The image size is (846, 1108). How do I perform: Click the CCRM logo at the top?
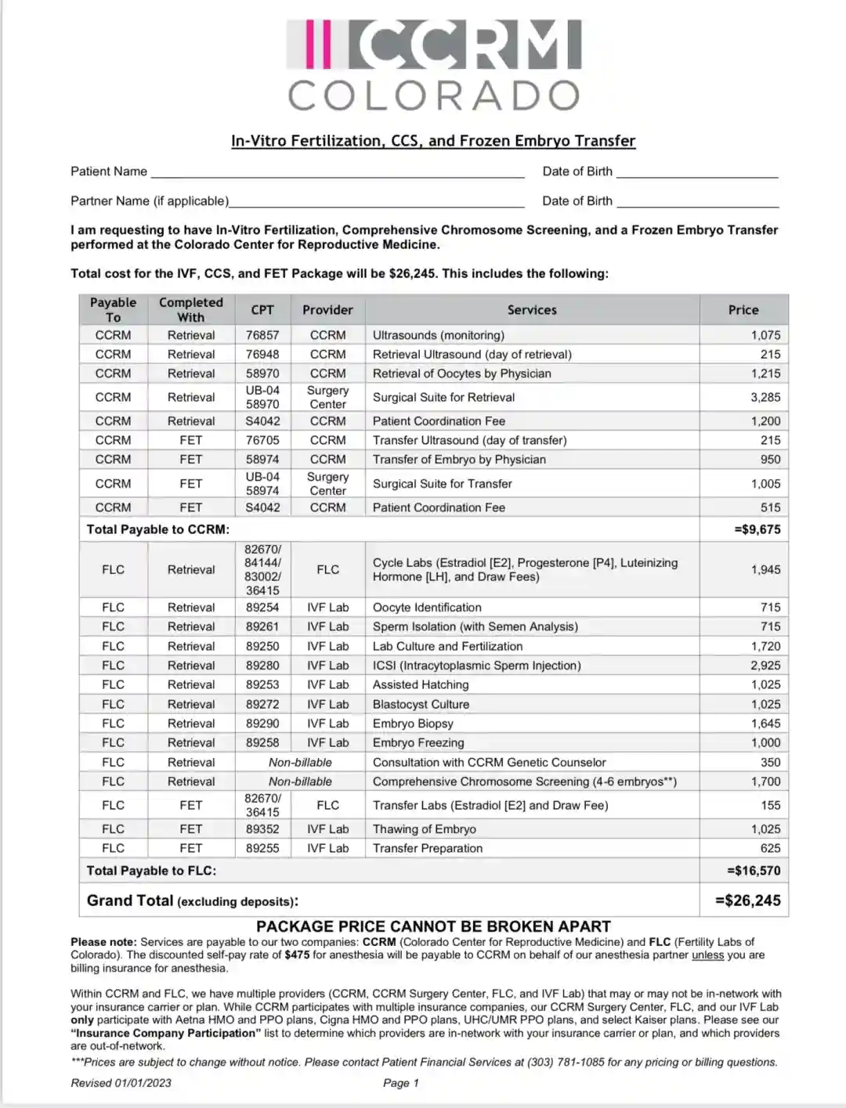tap(433, 45)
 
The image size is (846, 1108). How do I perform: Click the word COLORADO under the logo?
tap(433, 96)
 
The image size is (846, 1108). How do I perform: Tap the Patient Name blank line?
tap(337, 172)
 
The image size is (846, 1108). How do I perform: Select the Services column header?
tap(532, 310)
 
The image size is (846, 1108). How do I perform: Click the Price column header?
tap(743, 310)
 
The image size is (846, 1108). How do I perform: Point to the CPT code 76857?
tap(262, 335)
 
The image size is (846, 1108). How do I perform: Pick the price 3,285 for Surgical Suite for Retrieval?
tap(765, 397)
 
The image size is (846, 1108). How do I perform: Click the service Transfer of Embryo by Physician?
tap(459, 460)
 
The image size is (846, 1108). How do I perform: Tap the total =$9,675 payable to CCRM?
tap(757, 529)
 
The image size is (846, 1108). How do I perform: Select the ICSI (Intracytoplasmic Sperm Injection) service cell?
tap(476, 666)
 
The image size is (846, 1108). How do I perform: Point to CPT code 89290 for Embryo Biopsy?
tap(262, 724)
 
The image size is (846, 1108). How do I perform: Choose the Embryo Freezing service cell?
tap(418, 742)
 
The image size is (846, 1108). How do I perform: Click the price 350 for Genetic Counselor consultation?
tap(770, 762)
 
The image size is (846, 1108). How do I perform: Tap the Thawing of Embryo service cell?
tap(424, 828)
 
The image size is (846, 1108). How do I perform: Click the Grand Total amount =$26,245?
tap(748, 900)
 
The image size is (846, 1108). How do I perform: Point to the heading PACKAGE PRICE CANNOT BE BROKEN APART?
tap(433, 926)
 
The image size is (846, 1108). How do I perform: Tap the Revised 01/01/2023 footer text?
tap(121, 1083)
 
